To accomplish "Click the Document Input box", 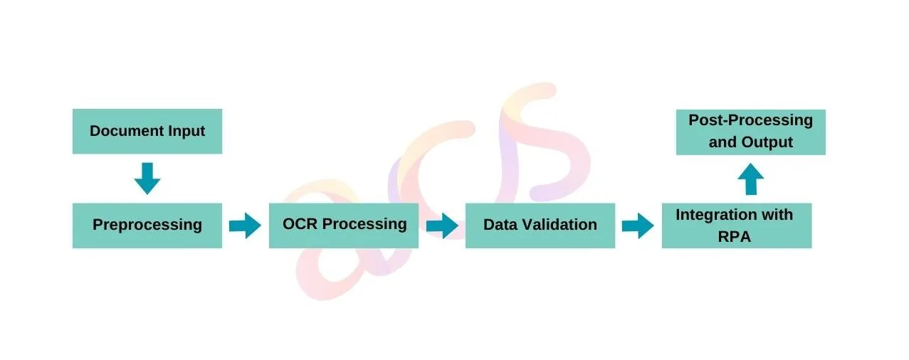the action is coord(147,132).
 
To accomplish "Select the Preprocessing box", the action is coord(147,226).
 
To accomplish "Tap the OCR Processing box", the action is coord(344,226).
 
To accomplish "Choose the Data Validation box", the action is coord(540,226).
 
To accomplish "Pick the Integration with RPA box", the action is coord(737,226).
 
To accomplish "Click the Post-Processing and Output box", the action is coord(751,132).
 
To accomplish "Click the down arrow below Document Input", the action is coord(147,179).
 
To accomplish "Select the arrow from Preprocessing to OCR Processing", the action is coord(245,226).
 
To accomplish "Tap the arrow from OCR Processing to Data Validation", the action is coord(442,226).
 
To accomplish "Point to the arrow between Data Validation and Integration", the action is coord(638,226).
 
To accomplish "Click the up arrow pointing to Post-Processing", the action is coord(751,179).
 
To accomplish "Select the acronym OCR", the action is coord(300,224).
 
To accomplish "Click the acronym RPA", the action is coord(735,237).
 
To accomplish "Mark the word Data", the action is coord(500,225).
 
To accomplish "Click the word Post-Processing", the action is coord(751,121).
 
